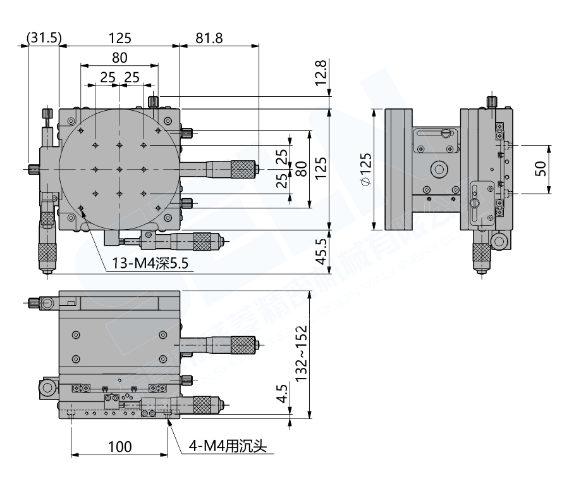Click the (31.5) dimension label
pos(44,38)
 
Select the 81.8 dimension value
pos(209,38)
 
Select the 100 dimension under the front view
pos(119,446)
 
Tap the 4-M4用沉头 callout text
pos(228,446)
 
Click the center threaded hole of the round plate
pos(119,169)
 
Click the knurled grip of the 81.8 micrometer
pos(242,169)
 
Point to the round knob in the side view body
pos(438,169)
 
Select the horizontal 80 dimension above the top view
pos(119,57)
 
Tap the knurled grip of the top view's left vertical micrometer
pos(47,253)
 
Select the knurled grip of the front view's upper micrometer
pos(242,345)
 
